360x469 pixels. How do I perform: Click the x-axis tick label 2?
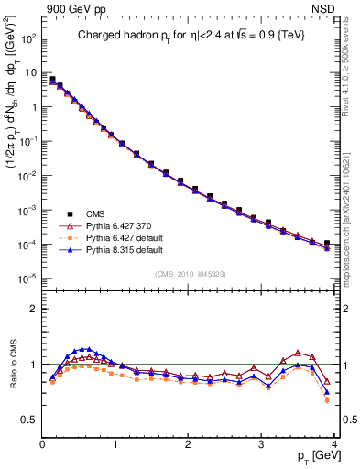188,445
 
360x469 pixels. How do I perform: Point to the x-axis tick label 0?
42,445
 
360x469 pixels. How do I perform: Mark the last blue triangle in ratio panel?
327,392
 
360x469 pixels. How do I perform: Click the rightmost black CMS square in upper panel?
327,244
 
